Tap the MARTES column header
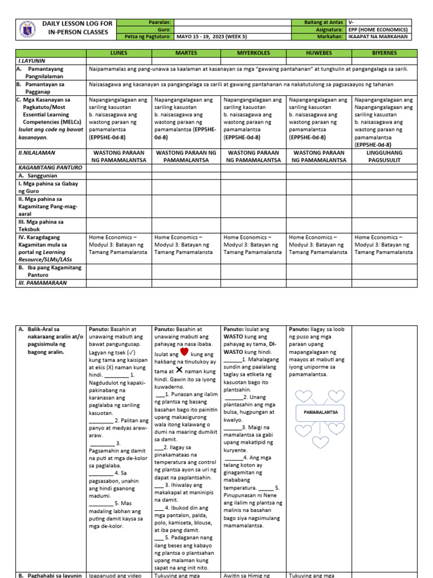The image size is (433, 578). click(185, 53)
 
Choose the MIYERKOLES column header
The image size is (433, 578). click(253, 53)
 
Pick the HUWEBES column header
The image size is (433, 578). click(319, 53)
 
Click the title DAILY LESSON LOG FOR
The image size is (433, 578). click(78, 24)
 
